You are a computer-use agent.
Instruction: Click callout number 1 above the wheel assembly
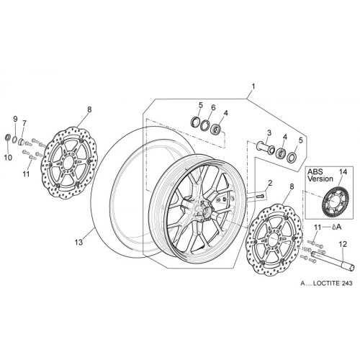tap(253, 86)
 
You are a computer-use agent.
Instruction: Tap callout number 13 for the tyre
tap(78, 242)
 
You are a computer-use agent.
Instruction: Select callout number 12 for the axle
tap(343, 244)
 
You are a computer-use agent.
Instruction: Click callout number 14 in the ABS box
tap(343, 172)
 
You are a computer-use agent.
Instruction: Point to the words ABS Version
tap(320, 175)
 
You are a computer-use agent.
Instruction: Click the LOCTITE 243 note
tap(326, 283)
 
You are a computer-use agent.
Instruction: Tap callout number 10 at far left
tap(8, 158)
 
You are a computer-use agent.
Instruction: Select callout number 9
tap(15, 119)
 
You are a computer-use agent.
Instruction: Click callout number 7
tap(24, 123)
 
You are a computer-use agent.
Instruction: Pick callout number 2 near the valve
tap(270, 184)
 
